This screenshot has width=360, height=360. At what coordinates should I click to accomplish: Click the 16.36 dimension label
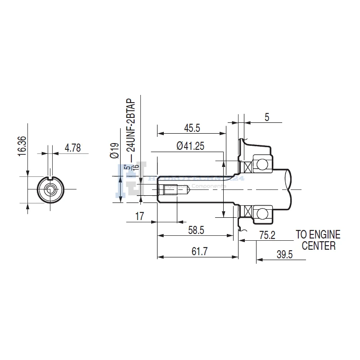(x=22, y=146)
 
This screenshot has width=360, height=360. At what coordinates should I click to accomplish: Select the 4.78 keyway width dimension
(x=73, y=148)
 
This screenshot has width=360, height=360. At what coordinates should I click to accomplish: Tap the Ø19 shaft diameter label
(x=114, y=150)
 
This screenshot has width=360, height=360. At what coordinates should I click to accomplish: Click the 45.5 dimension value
(x=192, y=128)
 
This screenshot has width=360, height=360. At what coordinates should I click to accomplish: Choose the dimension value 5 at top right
(x=267, y=118)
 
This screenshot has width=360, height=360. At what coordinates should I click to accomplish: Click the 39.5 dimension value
(x=284, y=254)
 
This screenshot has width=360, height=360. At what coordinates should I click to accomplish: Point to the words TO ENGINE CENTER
(x=318, y=240)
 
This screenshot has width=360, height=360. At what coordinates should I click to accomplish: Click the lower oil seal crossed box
(x=247, y=210)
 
